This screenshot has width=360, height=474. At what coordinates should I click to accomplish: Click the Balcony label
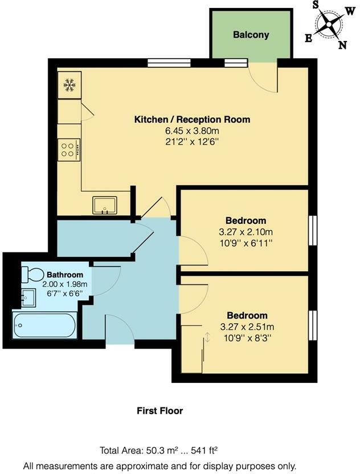coord(251,35)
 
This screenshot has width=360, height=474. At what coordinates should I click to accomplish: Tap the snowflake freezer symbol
coord(69,86)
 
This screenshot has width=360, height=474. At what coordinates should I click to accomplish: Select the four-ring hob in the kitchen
coord(68,149)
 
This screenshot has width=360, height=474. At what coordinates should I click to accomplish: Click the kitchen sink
coord(105,205)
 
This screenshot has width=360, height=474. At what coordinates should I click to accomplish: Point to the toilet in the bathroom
coord(33,275)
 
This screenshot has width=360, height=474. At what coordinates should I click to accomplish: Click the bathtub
coord(44,326)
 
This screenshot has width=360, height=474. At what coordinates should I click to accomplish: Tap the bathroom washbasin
coord(28,297)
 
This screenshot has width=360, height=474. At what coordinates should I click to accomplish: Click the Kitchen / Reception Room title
coord(192,120)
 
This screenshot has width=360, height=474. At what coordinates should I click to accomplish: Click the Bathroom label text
coord(65,275)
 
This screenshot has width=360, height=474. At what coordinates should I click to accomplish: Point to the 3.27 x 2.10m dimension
coord(246,232)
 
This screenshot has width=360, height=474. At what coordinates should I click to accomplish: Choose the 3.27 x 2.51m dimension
coord(247,327)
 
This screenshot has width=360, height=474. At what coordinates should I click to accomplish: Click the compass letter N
coord(342,46)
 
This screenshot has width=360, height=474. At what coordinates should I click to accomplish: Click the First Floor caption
coord(160,410)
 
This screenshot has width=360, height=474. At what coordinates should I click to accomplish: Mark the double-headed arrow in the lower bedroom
coord(207,337)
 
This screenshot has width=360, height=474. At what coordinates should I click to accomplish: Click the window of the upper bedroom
coord(312,231)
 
